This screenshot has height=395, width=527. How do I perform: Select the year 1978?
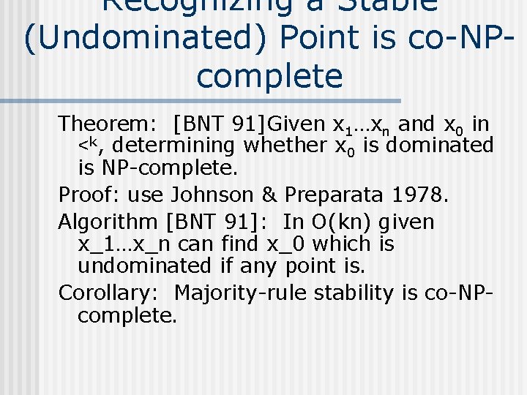coord(419,195)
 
